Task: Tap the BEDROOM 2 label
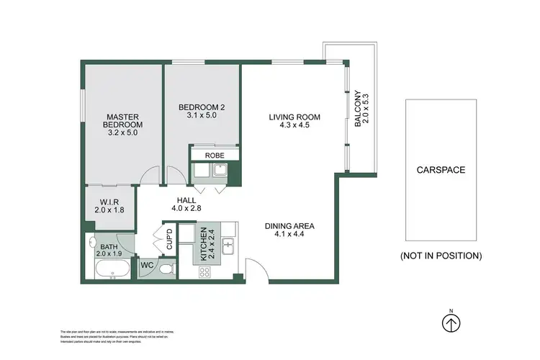pyautogui.click(x=202, y=108)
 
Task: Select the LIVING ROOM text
pyautogui.click(x=294, y=117)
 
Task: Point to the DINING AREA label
pyautogui.click(x=289, y=225)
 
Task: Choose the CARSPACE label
pyautogui.click(x=441, y=171)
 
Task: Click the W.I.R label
pyautogui.click(x=109, y=201)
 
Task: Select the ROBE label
pyautogui.click(x=215, y=155)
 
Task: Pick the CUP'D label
pyautogui.click(x=169, y=239)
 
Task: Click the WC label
pyautogui.click(x=147, y=265)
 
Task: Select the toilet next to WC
pyautogui.click(x=165, y=268)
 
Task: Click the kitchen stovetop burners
pyautogui.click(x=204, y=271)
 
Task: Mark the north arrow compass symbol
pyautogui.click(x=451, y=323)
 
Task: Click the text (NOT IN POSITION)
pyautogui.click(x=441, y=256)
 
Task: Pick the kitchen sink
pyautogui.click(x=228, y=246)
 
